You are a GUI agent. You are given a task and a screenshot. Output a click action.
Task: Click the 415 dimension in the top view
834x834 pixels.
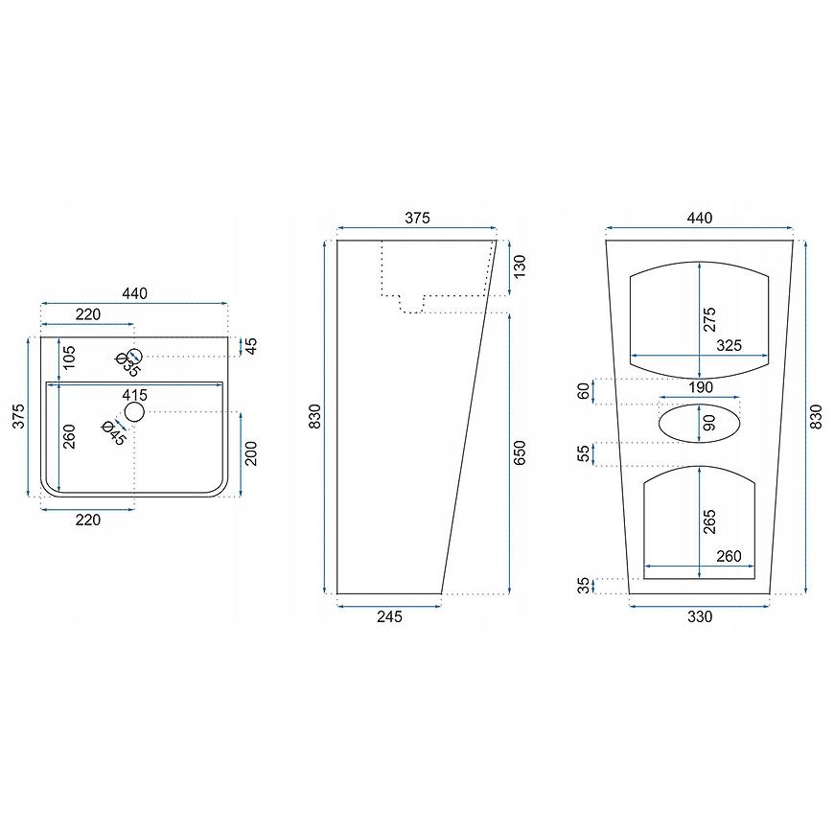(134, 395)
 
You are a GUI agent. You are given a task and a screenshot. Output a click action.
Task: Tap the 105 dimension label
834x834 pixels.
(69, 357)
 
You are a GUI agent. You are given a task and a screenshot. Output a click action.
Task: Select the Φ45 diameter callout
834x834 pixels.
(114, 433)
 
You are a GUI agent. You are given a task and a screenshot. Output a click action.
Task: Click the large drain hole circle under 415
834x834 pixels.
(134, 411)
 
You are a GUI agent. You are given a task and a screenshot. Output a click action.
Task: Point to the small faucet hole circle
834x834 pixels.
(135, 356)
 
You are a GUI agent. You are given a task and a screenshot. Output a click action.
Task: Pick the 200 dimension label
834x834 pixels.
(251, 453)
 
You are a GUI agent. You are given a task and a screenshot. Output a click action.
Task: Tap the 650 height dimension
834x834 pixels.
(520, 452)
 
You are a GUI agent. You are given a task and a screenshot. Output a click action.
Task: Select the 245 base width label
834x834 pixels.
(389, 616)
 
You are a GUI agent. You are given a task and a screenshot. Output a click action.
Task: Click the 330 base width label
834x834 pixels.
(700, 616)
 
